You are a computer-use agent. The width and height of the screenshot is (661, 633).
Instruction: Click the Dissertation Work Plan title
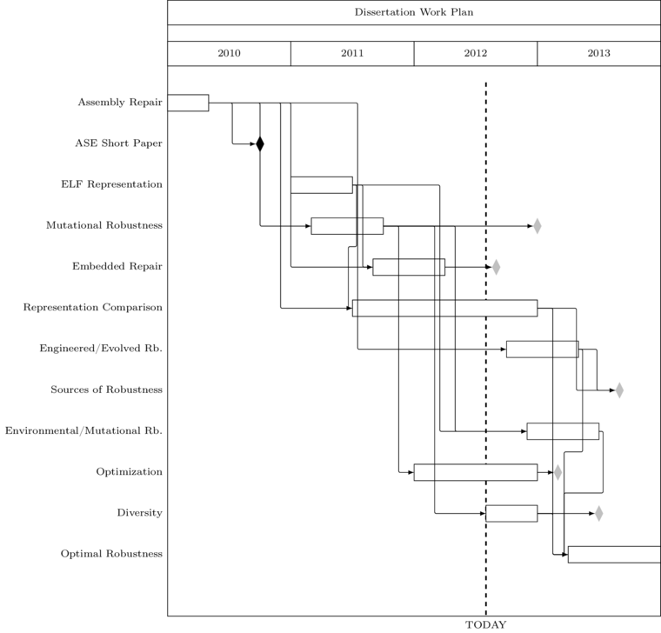(x=413, y=12)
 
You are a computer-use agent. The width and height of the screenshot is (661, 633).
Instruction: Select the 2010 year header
(x=229, y=53)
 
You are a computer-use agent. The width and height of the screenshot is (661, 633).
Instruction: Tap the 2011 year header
(x=352, y=53)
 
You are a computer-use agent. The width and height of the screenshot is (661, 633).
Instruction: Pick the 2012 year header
(x=476, y=53)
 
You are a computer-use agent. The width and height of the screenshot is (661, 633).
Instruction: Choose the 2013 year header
(x=598, y=53)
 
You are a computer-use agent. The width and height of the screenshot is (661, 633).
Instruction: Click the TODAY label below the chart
(x=485, y=624)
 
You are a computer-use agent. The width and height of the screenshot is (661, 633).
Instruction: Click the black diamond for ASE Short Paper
(x=260, y=143)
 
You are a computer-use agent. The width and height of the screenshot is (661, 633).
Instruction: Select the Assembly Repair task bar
(x=188, y=103)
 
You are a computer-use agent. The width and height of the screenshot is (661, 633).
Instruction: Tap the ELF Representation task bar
(x=322, y=185)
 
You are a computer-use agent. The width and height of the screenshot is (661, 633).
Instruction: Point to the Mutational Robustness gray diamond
(x=537, y=226)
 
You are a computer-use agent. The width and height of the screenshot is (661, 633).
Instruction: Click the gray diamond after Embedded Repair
(x=496, y=267)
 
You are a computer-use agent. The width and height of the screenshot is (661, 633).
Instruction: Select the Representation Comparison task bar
(x=444, y=308)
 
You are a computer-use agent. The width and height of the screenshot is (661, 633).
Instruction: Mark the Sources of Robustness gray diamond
(x=619, y=390)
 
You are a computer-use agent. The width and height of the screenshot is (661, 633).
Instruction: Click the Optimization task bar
(x=476, y=472)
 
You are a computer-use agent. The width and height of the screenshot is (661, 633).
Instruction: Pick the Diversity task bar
(x=511, y=513)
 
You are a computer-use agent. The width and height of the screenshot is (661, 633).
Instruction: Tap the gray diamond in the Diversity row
(x=598, y=513)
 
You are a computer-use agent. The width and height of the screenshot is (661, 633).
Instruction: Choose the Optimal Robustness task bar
(x=614, y=555)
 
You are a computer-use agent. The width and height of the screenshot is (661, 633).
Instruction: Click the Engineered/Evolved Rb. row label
(x=101, y=349)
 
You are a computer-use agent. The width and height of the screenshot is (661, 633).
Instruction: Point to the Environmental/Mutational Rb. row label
(x=83, y=430)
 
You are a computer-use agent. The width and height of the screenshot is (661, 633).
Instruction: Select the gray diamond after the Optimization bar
(x=558, y=472)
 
